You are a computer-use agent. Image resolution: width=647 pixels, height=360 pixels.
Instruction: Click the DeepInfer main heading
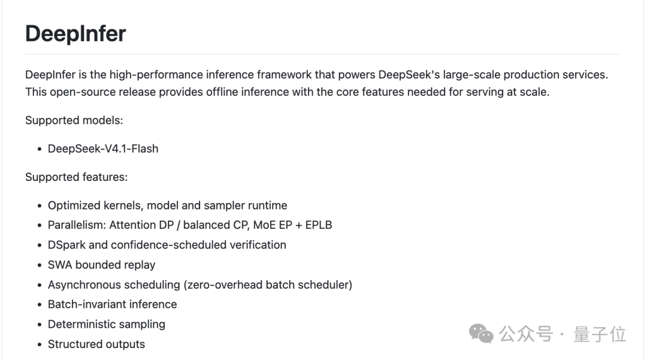pyautogui.click(x=75, y=34)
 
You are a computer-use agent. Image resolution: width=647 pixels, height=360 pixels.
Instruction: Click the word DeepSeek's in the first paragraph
pyautogui.click(x=409, y=75)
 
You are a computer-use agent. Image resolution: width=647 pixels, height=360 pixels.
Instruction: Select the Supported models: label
pyautogui.click(x=74, y=120)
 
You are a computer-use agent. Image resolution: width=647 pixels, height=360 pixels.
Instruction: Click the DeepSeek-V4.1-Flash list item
pyautogui.click(x=103, y=149)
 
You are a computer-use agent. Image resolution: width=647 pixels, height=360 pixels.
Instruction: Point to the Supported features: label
pyautogui.click(x=76, y=177)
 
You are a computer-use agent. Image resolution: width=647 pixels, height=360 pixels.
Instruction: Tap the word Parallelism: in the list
pyautogui.click(x=77, y=225)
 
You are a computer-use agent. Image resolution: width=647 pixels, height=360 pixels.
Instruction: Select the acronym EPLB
pyautogui.click(x=319, y=225)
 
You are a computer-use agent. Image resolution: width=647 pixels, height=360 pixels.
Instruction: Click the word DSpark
pyautogui.click(x=66, y=245)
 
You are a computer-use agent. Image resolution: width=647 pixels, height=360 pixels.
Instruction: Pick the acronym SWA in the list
pyautogui.click(x=60, y=265)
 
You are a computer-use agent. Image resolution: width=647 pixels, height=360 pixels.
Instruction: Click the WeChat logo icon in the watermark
pyautogui.click(x=481, y=334)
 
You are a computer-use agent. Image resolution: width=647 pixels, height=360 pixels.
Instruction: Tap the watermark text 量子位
pyautogui.click(x=600, y=334)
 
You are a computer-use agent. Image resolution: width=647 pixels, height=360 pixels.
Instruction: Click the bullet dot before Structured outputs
pyautogui.click(x=40, y=345)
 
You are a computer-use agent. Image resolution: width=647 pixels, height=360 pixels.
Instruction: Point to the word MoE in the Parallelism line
pyautogui.click(x=264, y=225)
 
